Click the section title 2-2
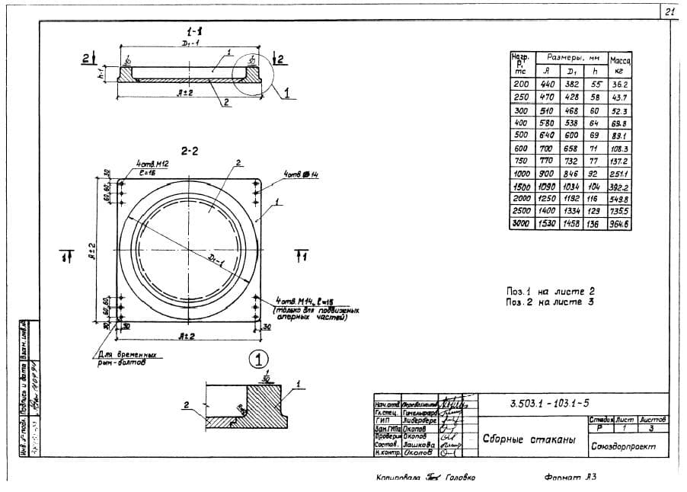coord(190,151)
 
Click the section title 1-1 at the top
coord(195,31)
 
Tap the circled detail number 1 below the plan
coord(260,357)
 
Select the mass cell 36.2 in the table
coord(619,85)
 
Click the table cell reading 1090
coord(548,186)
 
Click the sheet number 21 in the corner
coord(669,11)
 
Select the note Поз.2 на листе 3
coord(550,302)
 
